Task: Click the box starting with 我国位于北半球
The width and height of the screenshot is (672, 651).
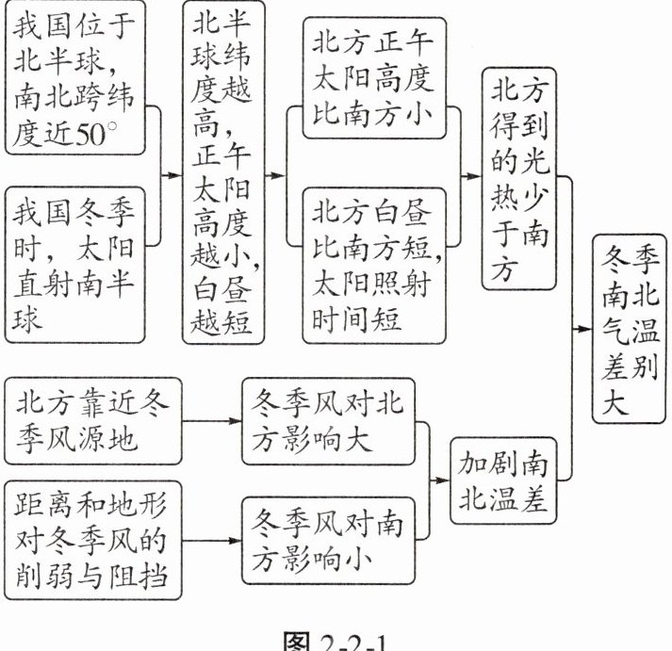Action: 75,78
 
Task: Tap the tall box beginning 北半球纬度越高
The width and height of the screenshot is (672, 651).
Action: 222,172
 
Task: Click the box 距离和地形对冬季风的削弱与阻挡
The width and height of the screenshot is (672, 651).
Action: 90,542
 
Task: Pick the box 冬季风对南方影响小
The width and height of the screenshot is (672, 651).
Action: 328,542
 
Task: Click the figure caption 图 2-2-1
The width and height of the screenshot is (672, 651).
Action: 336,639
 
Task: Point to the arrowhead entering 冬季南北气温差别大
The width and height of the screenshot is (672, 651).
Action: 586,327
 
